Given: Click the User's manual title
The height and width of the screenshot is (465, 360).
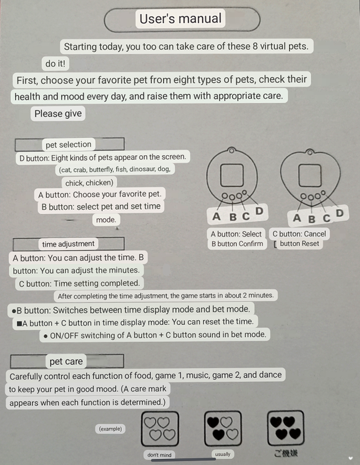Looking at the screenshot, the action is click(181, 19).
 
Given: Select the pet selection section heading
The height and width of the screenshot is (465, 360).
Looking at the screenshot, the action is click(69, 144).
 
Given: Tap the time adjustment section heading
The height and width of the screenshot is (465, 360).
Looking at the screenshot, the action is click(69, 244).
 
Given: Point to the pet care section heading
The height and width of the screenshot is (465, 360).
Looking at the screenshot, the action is click(66, 362).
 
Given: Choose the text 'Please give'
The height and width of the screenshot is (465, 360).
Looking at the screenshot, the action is click(58, 113).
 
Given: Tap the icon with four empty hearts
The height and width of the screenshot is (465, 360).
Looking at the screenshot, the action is click(160, 430).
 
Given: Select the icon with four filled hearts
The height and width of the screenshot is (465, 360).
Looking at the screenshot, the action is click(285, 429).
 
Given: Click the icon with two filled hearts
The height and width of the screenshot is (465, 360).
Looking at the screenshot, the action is click(222, 429).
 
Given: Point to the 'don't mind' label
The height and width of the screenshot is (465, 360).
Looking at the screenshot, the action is click(159, 455).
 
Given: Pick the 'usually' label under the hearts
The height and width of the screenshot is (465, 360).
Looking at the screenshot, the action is click(222, 454).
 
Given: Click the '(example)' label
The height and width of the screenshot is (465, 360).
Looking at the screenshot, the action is click(111, 429).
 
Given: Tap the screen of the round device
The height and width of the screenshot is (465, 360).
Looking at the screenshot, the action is click(232, 174).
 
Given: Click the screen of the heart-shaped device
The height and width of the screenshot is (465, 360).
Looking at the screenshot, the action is click(307, 174).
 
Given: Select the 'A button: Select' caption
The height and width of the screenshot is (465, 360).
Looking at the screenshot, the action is click(236, 234).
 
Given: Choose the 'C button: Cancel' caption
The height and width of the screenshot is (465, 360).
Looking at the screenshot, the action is click(300, 234).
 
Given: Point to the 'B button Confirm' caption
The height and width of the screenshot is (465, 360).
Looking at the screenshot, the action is click(237, 244).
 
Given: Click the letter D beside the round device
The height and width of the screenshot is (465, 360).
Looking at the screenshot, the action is click(259, 212).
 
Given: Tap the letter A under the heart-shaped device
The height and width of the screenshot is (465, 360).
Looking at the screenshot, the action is click(297, 218).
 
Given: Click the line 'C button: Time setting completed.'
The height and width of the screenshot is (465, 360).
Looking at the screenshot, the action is click(80, 284).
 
